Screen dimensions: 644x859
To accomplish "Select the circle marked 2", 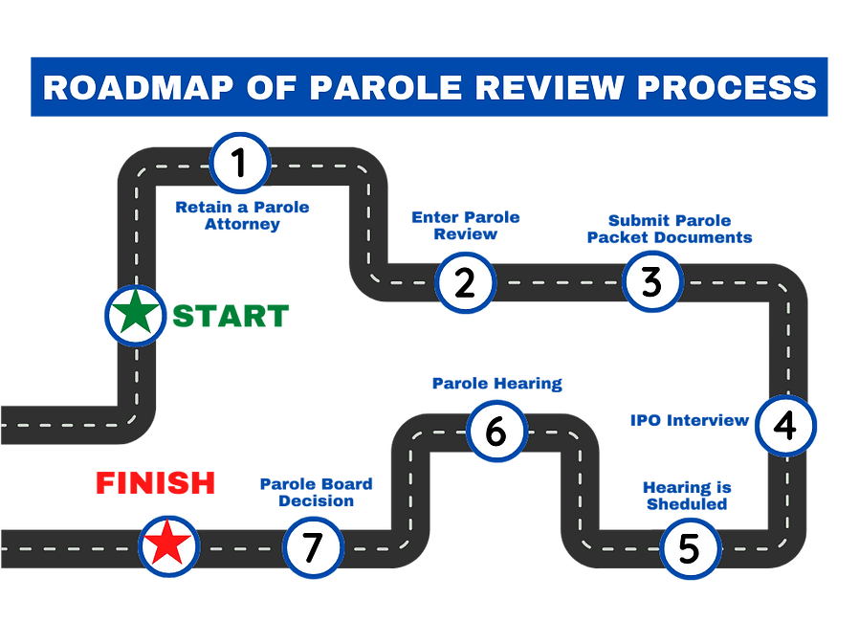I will click(465, 283).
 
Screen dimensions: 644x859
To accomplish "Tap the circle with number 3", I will click(651, 283).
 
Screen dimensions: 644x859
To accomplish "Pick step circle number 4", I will click(784, 425).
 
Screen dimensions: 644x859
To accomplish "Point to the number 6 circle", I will click(496, 431).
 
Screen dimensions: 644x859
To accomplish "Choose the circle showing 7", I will click(313, 546).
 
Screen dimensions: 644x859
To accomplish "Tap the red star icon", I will click(169, 545).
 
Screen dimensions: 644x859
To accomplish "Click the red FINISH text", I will click(155, 483).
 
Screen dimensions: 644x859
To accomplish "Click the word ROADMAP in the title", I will click(131, 87).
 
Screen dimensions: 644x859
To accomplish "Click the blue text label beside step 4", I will click(688, 420).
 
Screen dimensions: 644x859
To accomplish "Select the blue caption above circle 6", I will click(497, 384).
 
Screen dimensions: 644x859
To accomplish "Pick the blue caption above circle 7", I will click(316, 492).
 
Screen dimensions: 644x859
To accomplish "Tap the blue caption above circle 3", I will click(668, 228).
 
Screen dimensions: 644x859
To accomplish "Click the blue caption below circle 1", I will click(242, 216).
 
